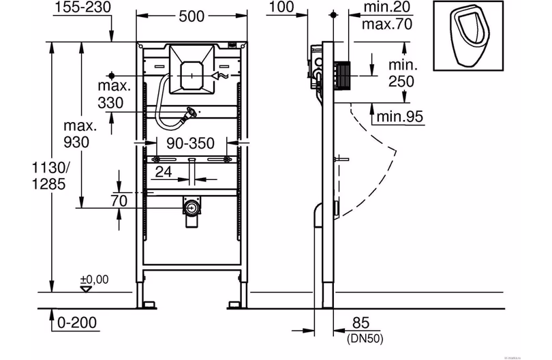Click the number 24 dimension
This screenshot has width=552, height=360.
[x=164, y=172]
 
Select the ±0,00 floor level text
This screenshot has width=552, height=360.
[x=95, y=280]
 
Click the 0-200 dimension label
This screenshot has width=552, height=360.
[x=77, y=322]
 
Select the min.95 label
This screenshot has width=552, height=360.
[x=400, y=117]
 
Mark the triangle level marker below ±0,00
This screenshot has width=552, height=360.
[x=85, y=289]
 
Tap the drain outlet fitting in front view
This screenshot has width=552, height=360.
[x=192, y=210]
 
